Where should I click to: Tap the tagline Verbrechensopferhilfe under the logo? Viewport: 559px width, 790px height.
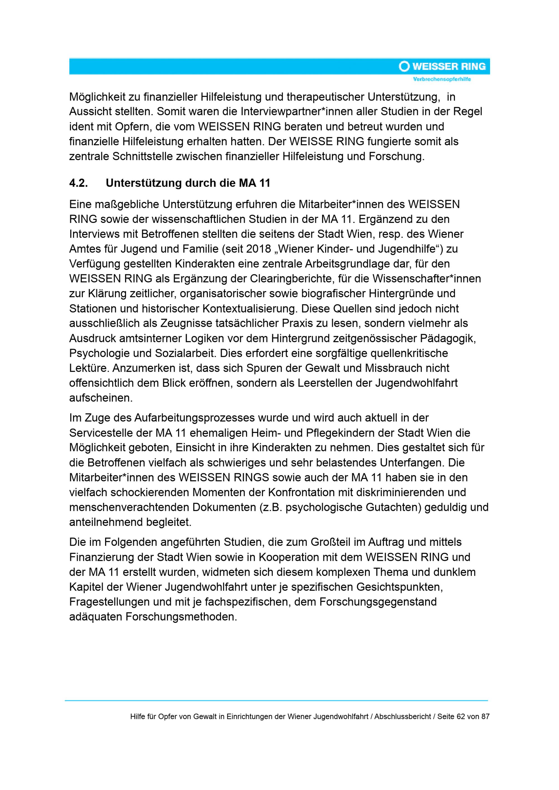pyautogui.click(x=442, y=80)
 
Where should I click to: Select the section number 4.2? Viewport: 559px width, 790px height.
pyautogui.click(x=79, y=183)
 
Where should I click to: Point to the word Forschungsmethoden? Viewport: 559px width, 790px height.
pyautogui.click(x=181, y=617)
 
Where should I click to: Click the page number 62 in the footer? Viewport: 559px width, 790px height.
pyautogui.click(x=461, y=716)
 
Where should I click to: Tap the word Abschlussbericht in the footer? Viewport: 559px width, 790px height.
pyautogui.click(x=403, y=716)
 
